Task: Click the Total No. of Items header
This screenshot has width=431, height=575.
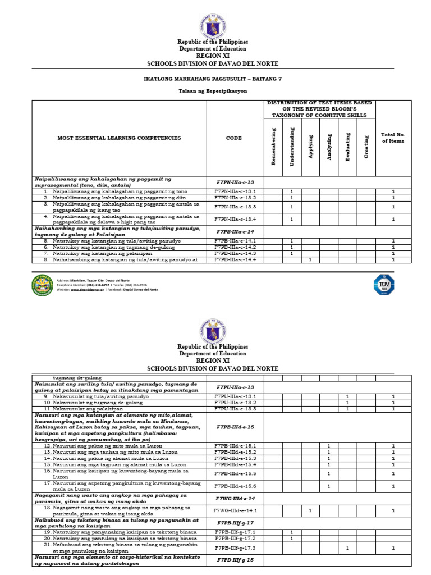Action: [393, 138]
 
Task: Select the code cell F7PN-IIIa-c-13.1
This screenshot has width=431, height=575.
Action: [235, 191]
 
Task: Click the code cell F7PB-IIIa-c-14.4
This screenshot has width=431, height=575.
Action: [235, 260]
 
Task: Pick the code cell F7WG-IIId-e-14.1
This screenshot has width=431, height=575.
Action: [235, 510]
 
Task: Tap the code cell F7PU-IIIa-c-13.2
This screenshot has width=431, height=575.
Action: [235, 403]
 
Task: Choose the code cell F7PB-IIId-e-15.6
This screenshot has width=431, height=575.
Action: [235, 486]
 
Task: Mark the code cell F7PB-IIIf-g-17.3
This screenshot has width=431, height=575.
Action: [235, 547]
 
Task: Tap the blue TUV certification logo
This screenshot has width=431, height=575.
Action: [384, 284]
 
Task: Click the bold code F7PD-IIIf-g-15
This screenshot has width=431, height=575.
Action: [235, 560]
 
